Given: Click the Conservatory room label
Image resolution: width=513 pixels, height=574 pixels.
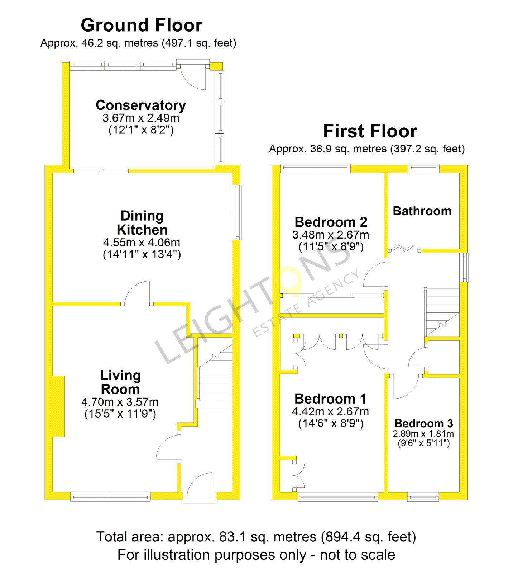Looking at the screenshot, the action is (x=141, y=105).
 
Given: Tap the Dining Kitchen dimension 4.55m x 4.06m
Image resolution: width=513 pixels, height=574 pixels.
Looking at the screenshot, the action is (x=142, y=243).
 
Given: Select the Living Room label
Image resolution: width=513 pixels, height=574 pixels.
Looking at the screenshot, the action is (x=120, y=382).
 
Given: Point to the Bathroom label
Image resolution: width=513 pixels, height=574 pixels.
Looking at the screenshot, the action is (x=422, y=211).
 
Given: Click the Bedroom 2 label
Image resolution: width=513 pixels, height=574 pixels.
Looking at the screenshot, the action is (x=331, y=222).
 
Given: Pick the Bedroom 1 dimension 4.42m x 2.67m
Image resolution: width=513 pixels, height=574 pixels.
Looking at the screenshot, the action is (x=330, y=411).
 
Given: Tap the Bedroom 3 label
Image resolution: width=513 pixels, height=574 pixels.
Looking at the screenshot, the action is (x=424, y=423).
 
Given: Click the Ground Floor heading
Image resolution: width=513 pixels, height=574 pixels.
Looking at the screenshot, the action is (x=142, y=25).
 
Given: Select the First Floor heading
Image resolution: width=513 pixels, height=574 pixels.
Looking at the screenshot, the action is (x=370, y=131).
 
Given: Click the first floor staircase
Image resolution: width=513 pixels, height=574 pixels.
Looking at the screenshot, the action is (x=442, y=312).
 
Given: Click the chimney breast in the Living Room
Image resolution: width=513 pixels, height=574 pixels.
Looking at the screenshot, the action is (x=59, y=406).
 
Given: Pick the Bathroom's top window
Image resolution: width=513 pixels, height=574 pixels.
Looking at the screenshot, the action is (x=424, y=168).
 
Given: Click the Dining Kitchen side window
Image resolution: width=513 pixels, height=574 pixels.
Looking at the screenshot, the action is (x=237, y=212).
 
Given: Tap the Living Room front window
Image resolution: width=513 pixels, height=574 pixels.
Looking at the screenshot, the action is (x=110, y=497).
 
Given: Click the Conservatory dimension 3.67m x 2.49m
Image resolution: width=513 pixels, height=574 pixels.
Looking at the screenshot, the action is (x=141, y=118).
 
